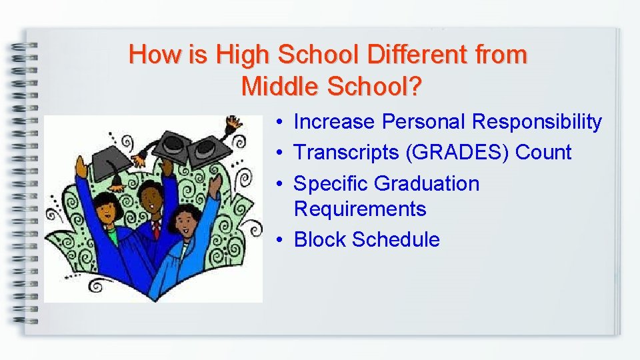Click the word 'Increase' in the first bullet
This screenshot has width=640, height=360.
click(x=335, y=122)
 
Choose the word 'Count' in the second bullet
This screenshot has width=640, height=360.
click(x=543, y=153)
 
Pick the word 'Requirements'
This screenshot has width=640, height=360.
click(x=359, y=209)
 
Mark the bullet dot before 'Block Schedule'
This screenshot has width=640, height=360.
click(x=283, y=239)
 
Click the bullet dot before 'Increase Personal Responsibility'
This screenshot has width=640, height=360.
click(x=283, y=122)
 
